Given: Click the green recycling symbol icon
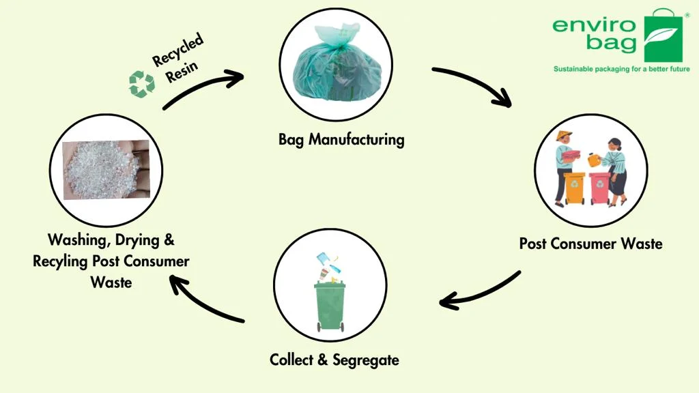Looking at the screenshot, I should coord(142,84).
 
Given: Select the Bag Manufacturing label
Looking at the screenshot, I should coord(341,140).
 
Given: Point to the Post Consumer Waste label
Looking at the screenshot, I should coord(590,244).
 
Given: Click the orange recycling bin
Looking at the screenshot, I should coord(574,188).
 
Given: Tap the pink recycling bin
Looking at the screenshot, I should coord(600,188).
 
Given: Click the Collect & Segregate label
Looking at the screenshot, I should coord(334,360).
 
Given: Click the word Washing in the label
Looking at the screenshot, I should coord(74,240).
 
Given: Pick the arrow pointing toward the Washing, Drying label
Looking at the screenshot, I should coord(205,301).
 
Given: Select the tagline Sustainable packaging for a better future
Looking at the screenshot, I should coord(621,69).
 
